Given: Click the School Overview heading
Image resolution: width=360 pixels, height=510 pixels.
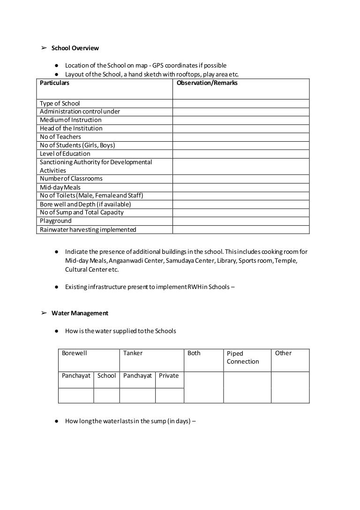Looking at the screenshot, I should (75, 48).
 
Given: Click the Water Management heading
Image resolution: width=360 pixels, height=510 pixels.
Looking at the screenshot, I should (80, 313).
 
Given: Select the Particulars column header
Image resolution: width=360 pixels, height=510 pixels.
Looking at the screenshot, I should (54, 83).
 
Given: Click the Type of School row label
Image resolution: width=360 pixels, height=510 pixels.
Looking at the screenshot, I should (60, 103).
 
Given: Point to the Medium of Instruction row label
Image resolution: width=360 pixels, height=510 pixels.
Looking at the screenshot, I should (70, 120).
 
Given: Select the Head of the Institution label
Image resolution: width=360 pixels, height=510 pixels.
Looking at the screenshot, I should (71, 128).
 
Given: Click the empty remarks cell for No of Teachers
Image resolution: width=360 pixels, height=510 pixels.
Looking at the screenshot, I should (240, 137).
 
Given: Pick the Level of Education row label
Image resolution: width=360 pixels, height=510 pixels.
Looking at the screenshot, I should (65, 153).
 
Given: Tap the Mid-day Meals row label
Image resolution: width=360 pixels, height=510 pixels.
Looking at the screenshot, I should (60, 187).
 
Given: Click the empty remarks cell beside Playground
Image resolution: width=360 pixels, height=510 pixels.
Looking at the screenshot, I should (240, 221).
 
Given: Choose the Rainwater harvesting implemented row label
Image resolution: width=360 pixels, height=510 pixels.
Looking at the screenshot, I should (88, 229).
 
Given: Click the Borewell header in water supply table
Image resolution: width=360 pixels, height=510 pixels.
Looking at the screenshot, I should (75, 353).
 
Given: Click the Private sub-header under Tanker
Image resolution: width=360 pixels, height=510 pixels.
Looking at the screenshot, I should (169, 376).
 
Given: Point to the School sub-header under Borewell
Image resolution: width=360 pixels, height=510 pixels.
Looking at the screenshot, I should (106, 376).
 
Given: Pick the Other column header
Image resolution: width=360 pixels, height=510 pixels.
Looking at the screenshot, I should (283, 353).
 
